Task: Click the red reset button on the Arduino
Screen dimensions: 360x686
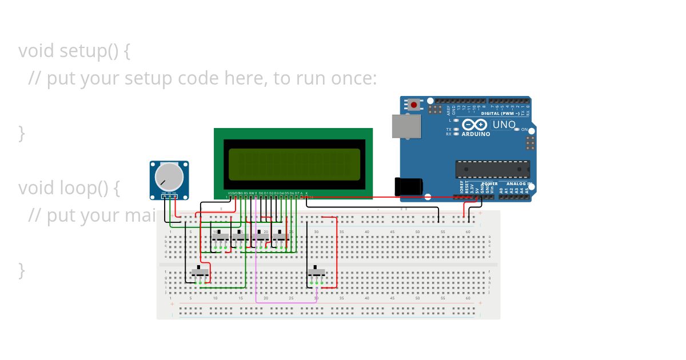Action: (x=413, y=105)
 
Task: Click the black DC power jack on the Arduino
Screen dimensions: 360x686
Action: (x=408, y=186)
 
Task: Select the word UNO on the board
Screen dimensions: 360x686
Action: (x=504, y=125)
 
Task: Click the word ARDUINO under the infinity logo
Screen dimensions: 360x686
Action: (x=476, y=134)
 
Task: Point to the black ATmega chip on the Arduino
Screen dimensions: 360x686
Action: (x=492, y=169)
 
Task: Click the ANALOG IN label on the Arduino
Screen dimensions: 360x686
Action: (x=519, y=184)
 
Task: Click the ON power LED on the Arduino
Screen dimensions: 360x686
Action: (x=517, y=130)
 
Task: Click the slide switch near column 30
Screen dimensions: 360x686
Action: (x=316, y=272)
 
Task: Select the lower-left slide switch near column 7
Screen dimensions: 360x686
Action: (x=200, y=272)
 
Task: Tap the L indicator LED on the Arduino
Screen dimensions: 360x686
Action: (x=456, y=121)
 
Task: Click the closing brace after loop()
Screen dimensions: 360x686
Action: (x=22, y=270)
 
